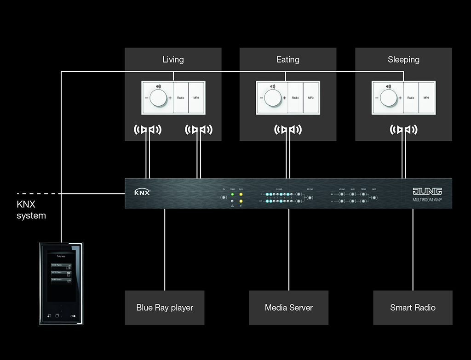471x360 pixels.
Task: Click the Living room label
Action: click(x=173, y=59)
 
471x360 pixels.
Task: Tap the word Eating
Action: click(x=288, y=59)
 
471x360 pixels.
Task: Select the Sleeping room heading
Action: click(x=403, y=59)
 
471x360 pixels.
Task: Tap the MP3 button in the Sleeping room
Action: click(x=426, y=98)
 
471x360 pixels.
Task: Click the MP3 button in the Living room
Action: click(x=196, y=98)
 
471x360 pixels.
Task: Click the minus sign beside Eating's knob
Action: click(x=261, y=98)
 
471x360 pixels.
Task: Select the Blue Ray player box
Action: click(x=165, y=308)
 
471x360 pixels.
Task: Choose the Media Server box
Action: click(x=289, y=308)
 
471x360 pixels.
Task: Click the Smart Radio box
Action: click(x=413, y=308)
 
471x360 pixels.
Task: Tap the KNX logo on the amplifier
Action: click(x=142, y=192)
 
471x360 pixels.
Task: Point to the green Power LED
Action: click(x=233, y=194)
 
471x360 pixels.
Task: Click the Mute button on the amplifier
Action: click(x=374, y=198)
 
